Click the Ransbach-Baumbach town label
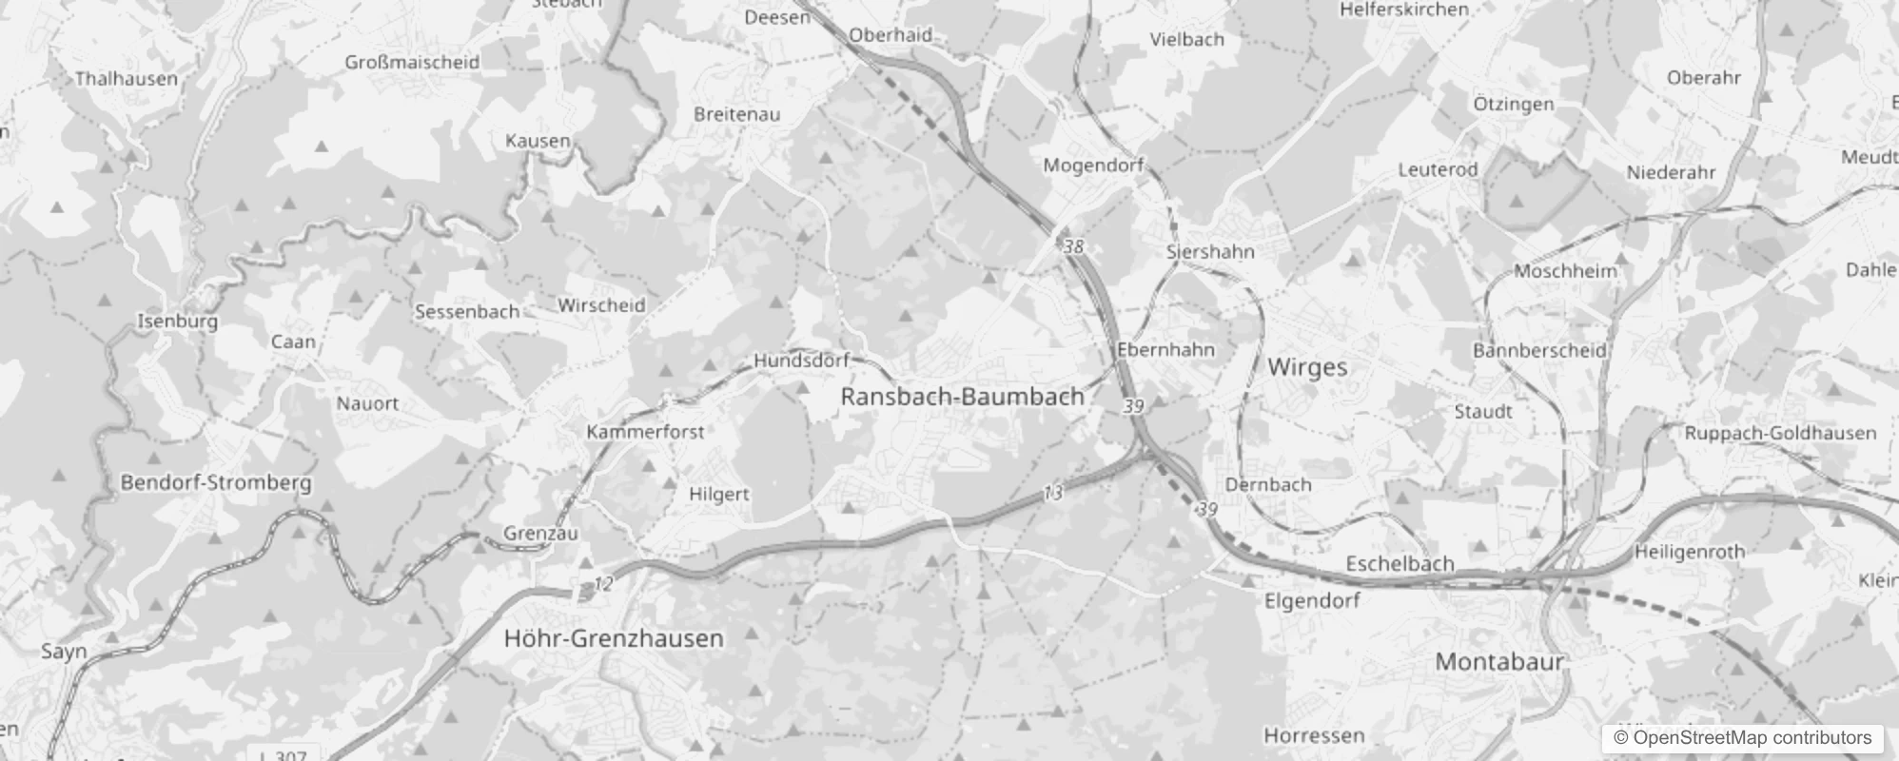coord(962,397)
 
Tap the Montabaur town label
coord(1498,661)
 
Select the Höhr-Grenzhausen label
coord(614,637)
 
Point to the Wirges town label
coord(1307,367)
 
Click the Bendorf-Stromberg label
coord(216,482)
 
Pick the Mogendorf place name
coord(1093,166)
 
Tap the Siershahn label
coord(1210,252)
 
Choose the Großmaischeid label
coord(412,62)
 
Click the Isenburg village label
coord(178,321)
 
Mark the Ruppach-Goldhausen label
coord(1780,433)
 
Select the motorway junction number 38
coord(1073,246)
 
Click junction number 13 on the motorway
coord(1052,493)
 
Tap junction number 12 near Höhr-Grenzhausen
coord(603,584)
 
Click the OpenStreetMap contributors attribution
coord(1742,738)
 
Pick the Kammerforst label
coord(645,432)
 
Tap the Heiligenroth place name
coord(1690,552)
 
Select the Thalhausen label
coord(127,78)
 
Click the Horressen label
coord(1314,735)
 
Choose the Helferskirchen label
coord(1404,10)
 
